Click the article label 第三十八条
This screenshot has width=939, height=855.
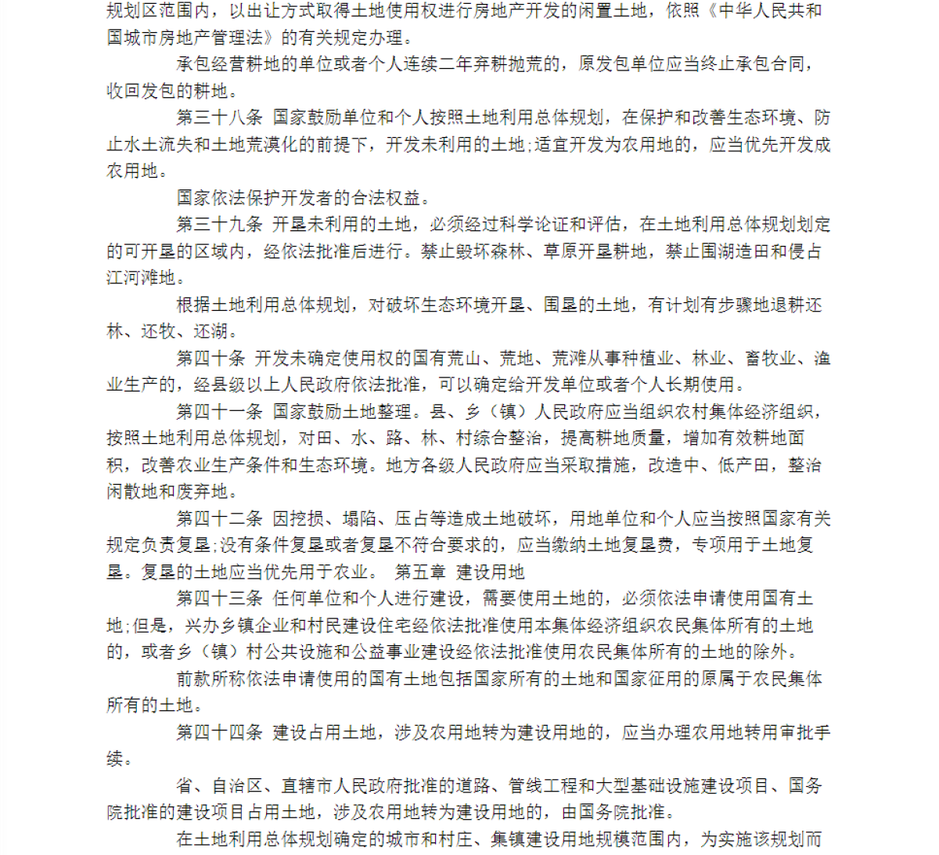(219, 118)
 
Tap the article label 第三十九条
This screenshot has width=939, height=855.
(219, 225)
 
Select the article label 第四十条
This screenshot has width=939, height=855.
(210, 359)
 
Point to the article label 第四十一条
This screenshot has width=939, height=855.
(219, 412)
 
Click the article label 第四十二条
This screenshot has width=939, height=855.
(219, 518)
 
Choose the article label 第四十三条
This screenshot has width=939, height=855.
(219, 599)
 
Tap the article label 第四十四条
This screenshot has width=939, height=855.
(219, 733)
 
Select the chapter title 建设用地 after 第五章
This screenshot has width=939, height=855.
(491, 572)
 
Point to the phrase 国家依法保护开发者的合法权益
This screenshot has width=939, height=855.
(304, 198)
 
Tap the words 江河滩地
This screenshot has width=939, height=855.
(141, 278)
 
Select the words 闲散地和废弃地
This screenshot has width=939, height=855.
(167, 492)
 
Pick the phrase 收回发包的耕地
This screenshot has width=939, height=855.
(167, 92)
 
